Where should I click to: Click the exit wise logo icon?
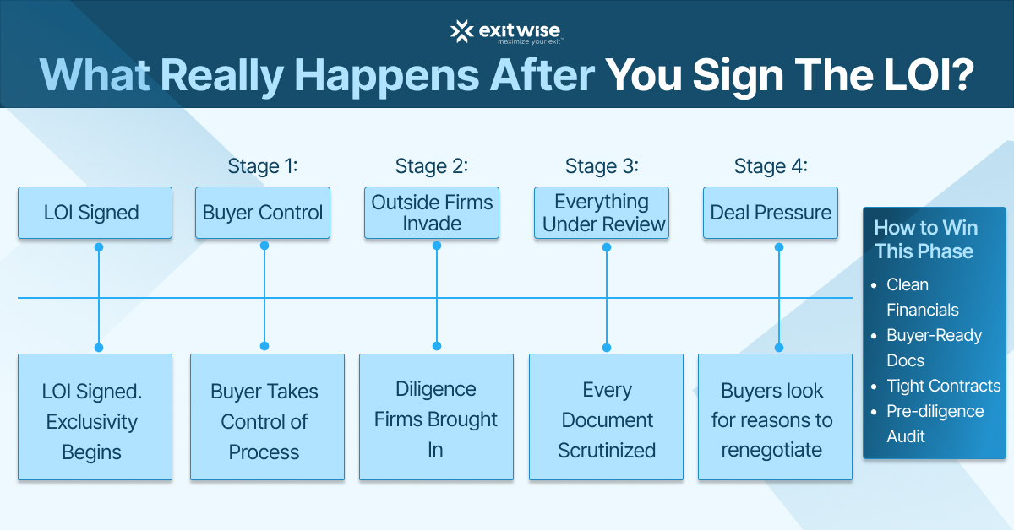[x=461, y=31]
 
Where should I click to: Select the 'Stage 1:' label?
[x=263, y=165]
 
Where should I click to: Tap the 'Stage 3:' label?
[x=602, y=165]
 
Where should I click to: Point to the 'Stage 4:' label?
[x=771, y=165]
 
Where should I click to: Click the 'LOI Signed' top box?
[x=95, y=213]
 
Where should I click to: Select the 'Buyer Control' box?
[x=263, y=213]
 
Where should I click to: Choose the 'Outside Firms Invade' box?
[x=432, y=213]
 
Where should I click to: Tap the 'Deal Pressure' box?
[x=771, y=213]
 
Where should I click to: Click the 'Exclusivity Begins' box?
[x=95, y=418]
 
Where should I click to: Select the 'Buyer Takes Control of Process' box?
[x=267, y=418]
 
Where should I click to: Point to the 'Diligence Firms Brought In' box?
[x=436, y=418]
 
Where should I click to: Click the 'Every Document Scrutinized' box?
[x=606, y=418]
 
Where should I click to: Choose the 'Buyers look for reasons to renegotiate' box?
[x=775, y=418]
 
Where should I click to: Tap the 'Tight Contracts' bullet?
[x=942, y=386]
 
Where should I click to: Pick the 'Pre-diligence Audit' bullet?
[x=934, y=424]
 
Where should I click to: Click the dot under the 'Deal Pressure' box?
[x=778, y=247]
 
